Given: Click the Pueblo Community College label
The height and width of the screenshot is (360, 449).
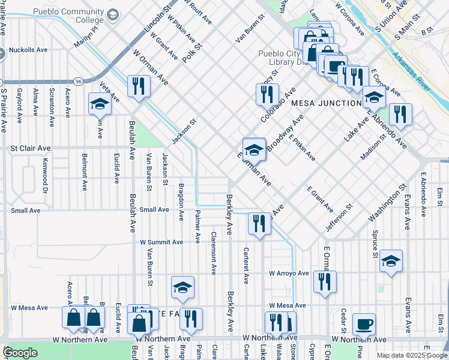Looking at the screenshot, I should [68, 16].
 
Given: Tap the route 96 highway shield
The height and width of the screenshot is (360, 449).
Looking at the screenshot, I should [79, 80].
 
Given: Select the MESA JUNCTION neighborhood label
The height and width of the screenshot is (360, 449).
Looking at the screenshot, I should [325, 103].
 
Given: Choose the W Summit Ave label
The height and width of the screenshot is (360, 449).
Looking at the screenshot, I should [161, 242].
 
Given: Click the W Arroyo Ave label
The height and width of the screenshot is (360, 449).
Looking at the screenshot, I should [289, 274].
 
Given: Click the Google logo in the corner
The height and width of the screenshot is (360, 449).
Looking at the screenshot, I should [20, 353].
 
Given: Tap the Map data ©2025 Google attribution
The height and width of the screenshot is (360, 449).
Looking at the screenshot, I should [412, 355].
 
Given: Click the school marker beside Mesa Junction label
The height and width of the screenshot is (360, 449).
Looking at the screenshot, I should [373, 98].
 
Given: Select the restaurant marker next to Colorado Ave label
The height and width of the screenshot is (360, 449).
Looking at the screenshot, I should [267, 94].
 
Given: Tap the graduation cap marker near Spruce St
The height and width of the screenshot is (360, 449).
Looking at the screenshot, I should [391, 260].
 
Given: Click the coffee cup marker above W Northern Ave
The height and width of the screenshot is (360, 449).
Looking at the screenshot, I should [364, 324].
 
